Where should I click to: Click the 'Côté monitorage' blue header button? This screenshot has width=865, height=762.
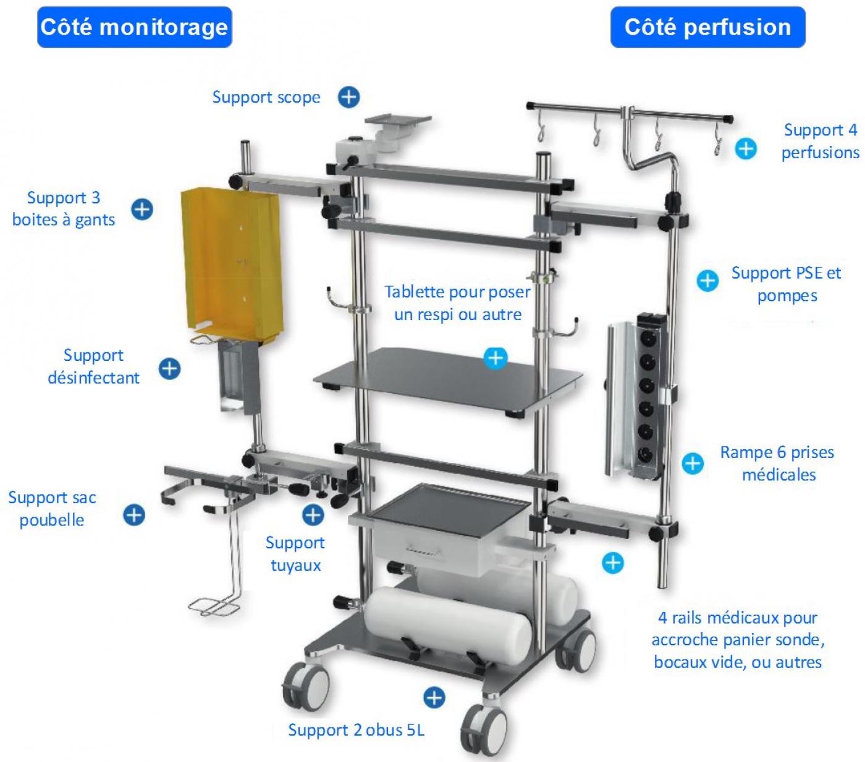(x=134, y=27)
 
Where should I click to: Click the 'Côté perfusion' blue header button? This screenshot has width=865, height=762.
(x=707, y=27)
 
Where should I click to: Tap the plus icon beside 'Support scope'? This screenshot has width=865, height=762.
(x=348, y=97)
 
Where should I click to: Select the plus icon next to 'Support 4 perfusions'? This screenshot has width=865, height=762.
(x=746, y=148)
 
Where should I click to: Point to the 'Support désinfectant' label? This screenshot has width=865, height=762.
(x=93, y=366)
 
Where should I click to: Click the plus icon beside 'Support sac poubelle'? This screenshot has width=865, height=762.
(x=134, y=515)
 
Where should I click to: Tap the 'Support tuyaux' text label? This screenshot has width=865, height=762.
(x=295, y=554)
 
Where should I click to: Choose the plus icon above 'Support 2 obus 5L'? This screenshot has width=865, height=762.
(x=434, y=697)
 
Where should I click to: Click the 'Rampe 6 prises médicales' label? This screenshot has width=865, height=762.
(x=777, y=464)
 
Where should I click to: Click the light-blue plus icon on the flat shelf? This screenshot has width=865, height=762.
(x=495, y=358)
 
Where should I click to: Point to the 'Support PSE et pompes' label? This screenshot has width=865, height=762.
(x=786, y=284)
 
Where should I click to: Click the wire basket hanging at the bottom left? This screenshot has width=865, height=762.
(x=214, y=605)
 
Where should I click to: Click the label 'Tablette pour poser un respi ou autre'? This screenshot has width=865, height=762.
(x=457, y=303)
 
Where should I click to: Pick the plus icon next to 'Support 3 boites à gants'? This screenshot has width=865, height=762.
(x=142, y=209)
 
